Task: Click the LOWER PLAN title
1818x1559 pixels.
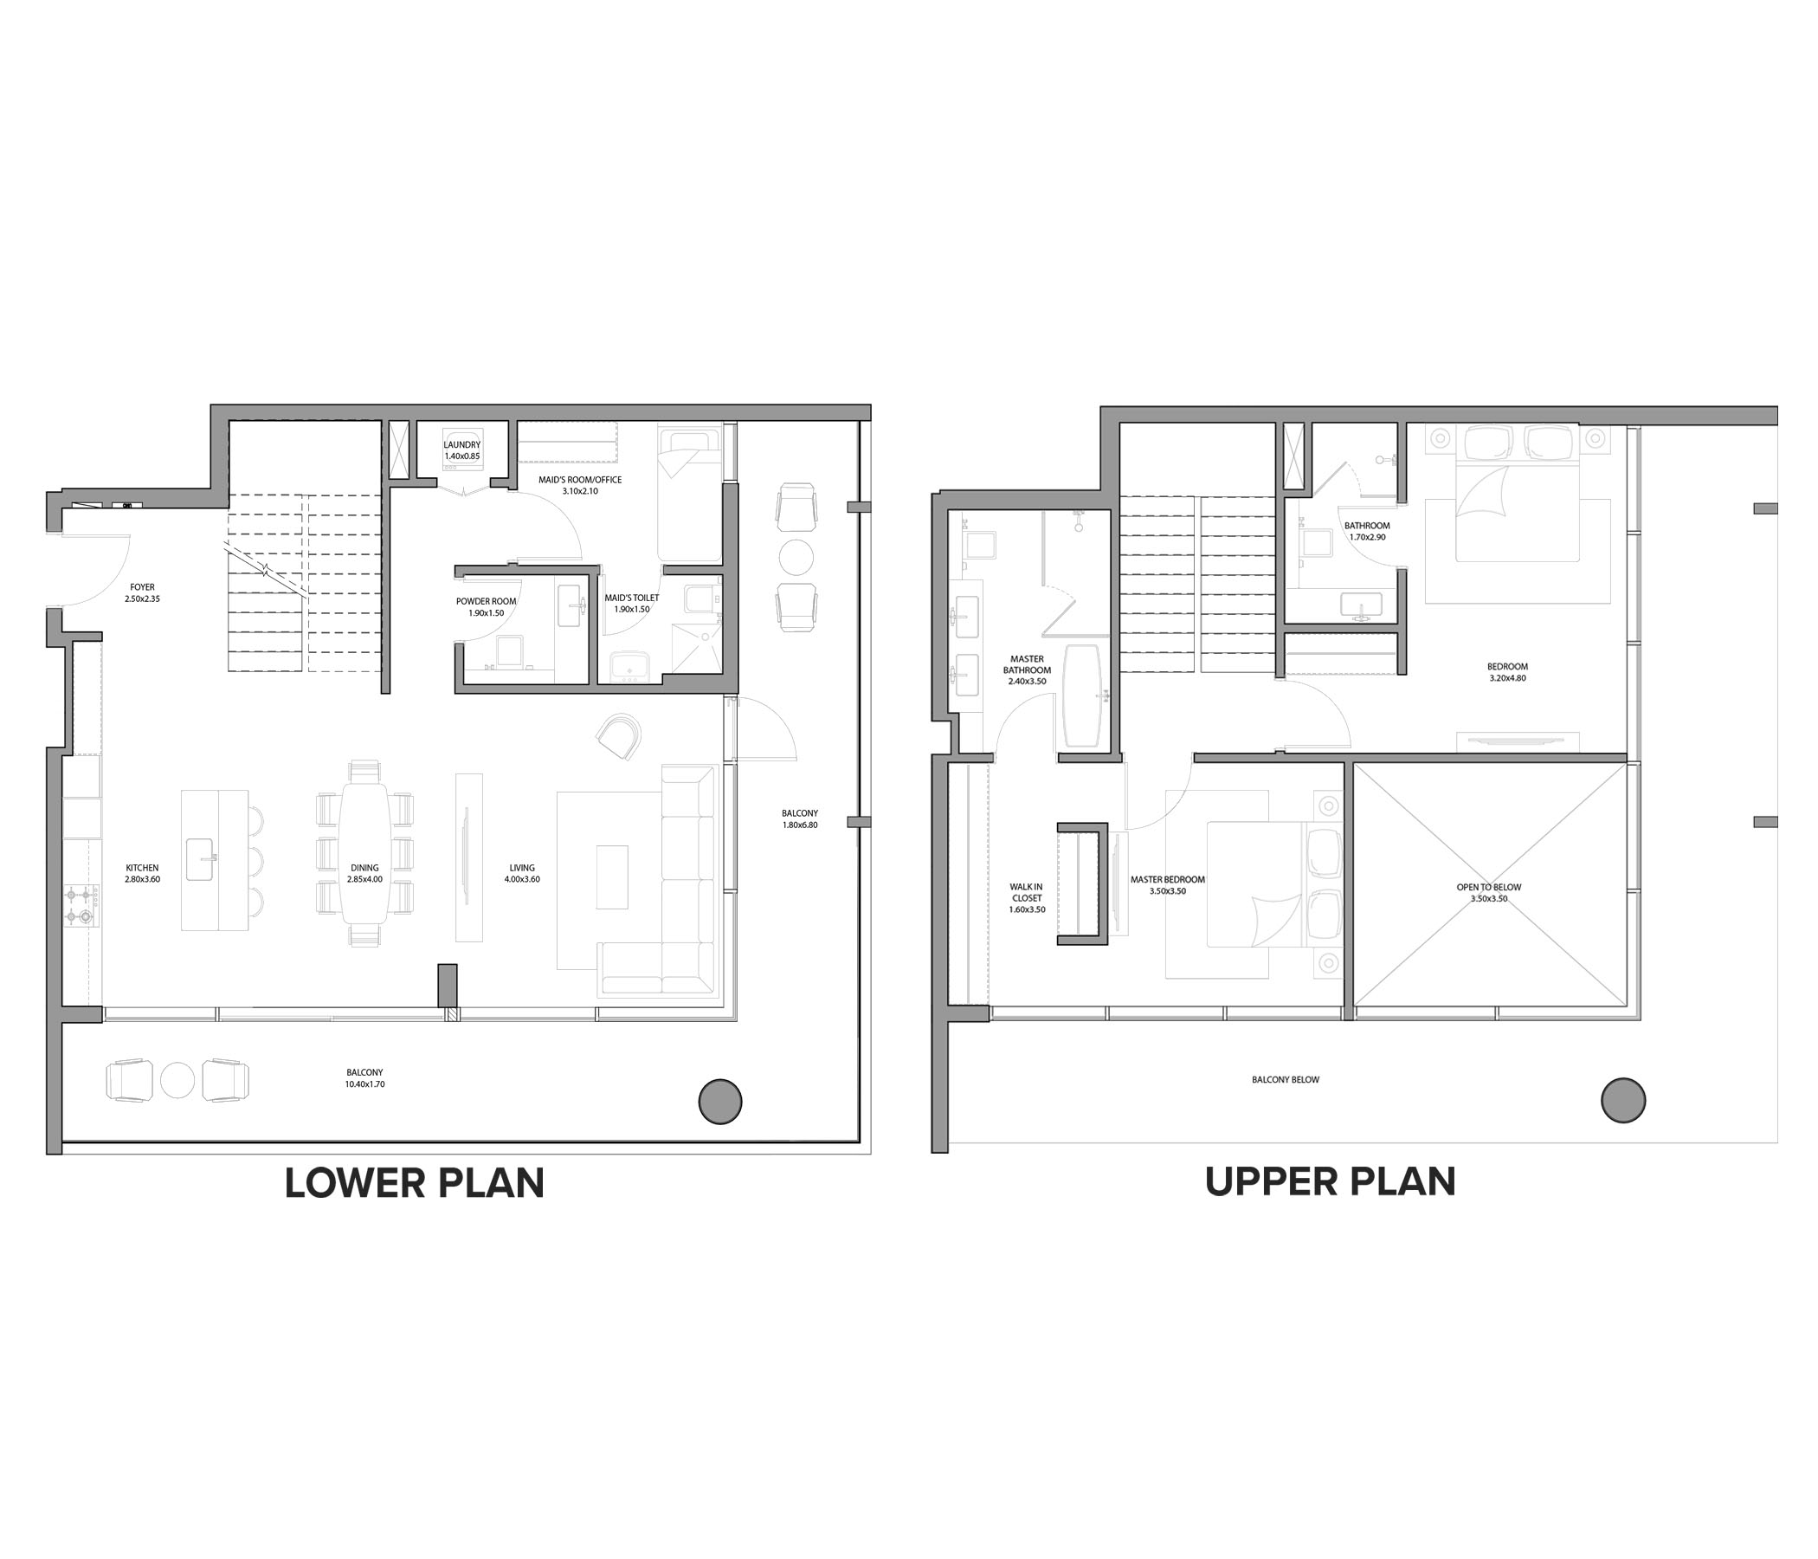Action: coord(414,1183)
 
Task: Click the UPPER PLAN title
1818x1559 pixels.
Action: coord(1330,1181)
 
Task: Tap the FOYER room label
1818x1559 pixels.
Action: coord(142,587)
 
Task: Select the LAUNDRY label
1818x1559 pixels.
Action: coord(462,445)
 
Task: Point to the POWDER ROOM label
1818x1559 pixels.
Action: coord(486,601)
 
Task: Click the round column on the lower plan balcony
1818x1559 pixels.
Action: coord(720,1100)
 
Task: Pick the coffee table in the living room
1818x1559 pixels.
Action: coord(611,877)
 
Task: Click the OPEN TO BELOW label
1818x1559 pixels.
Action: coord(1489,887)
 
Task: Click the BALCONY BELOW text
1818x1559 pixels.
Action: coord(1286,1080)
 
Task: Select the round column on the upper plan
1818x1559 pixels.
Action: coord(1623,1100)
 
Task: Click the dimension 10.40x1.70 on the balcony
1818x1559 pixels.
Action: coord(365,1084)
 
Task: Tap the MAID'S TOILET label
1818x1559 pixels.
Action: coord(632,598)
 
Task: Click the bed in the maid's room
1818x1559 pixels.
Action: coord(690,495)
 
